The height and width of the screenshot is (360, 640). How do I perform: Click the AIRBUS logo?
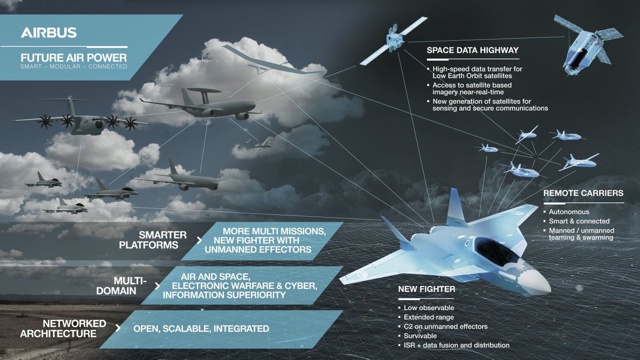click(x=49, y=33)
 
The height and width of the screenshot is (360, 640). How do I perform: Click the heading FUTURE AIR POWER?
click(x=74, y=58)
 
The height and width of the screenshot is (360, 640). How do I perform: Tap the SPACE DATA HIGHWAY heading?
click(x=473, y=50)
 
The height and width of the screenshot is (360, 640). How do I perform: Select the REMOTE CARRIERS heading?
click(x=583, y=193)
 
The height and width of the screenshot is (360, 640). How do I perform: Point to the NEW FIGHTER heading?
click(x=427, y=289)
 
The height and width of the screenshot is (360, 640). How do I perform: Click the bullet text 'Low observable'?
click(x=429, y=308)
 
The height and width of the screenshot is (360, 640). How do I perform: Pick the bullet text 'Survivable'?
click(x=420, y=335)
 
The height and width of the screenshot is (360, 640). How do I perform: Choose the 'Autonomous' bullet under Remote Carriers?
click(x=569, y=212)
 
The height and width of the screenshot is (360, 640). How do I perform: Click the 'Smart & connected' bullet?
click(x=579, y=221)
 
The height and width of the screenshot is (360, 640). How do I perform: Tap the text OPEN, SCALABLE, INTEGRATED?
click(x=201, y=329)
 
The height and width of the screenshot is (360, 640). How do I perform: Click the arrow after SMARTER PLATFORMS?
click(x=199, y=241)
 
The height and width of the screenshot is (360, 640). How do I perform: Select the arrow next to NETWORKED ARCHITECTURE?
click(x=118, y=328)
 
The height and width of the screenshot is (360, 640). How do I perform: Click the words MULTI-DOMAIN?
click(x=122, y=286)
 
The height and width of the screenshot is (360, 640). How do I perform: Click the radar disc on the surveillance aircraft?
click(x=204, y=91)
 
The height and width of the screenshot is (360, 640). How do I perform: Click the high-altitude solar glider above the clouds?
click(x=273, y=61)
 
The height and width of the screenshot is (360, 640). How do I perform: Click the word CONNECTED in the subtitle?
click(x=107, y=67)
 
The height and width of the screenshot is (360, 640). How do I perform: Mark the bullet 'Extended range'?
click(x=429, y=317)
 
